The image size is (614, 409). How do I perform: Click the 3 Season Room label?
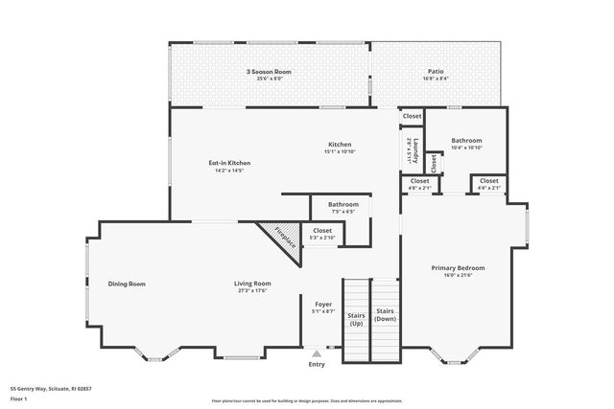pyautogui.click(x=268, y=72)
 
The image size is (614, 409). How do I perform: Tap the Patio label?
pyautogui.click(x=436, y=72)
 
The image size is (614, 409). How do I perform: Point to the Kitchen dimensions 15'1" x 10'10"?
pyautogui.click(x=340, y=151)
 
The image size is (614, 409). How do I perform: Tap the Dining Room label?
pyautogui.click(x=127, y=284)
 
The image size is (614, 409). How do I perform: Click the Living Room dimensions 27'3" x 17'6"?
pyautogui.click(x=254, y=291)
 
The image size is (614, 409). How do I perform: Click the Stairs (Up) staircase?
pyautogui.click(x=356, y=322)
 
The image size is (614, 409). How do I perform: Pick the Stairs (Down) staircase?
pyautogui.click(x=385, y=322)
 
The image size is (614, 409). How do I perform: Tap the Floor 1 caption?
pyautogui.click(x=20, y=399)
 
